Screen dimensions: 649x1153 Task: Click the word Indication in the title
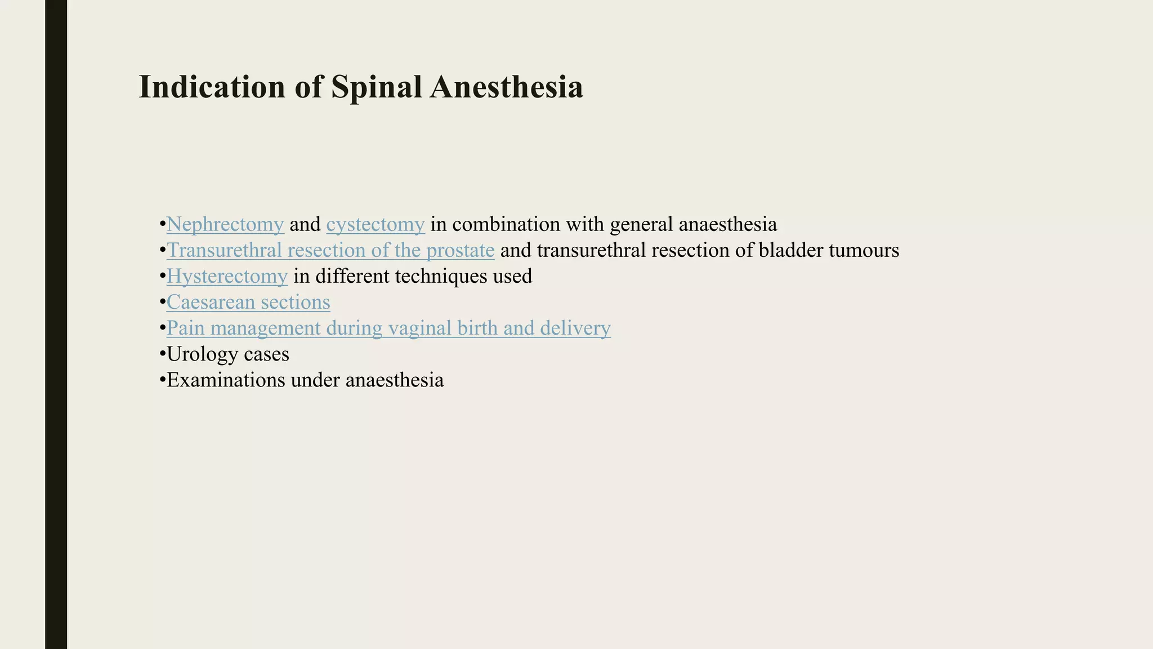pyautogui.click(x=212, y=87)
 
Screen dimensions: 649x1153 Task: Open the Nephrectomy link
pyautogui.click(x=225, y=225)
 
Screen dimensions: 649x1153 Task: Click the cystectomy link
pyautogui.click(x=375, y=225)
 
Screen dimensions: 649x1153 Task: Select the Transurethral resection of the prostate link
pyautogui.click(x=330, y=251)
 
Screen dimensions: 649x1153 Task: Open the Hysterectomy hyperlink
pyautogui.click(x=227, y=277)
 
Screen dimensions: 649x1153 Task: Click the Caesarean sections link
pyautogui.click(x=248, y=303)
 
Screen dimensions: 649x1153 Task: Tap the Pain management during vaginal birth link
pyautogui.click(x=388, y=328)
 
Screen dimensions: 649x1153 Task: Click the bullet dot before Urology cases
pyautogui.click(x=162, y=355)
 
